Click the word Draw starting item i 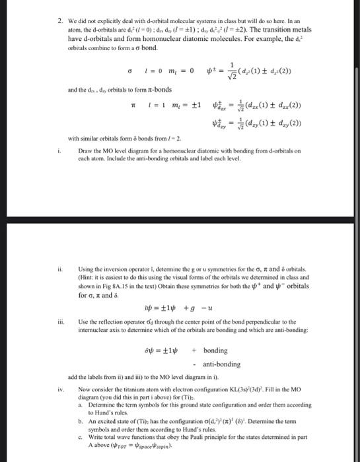[84, 151]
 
